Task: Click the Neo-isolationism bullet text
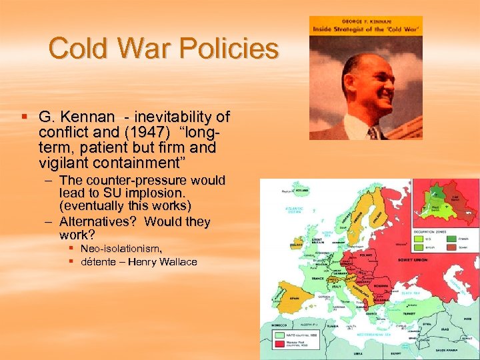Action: [121, 248]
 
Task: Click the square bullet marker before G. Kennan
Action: [25, 117]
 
